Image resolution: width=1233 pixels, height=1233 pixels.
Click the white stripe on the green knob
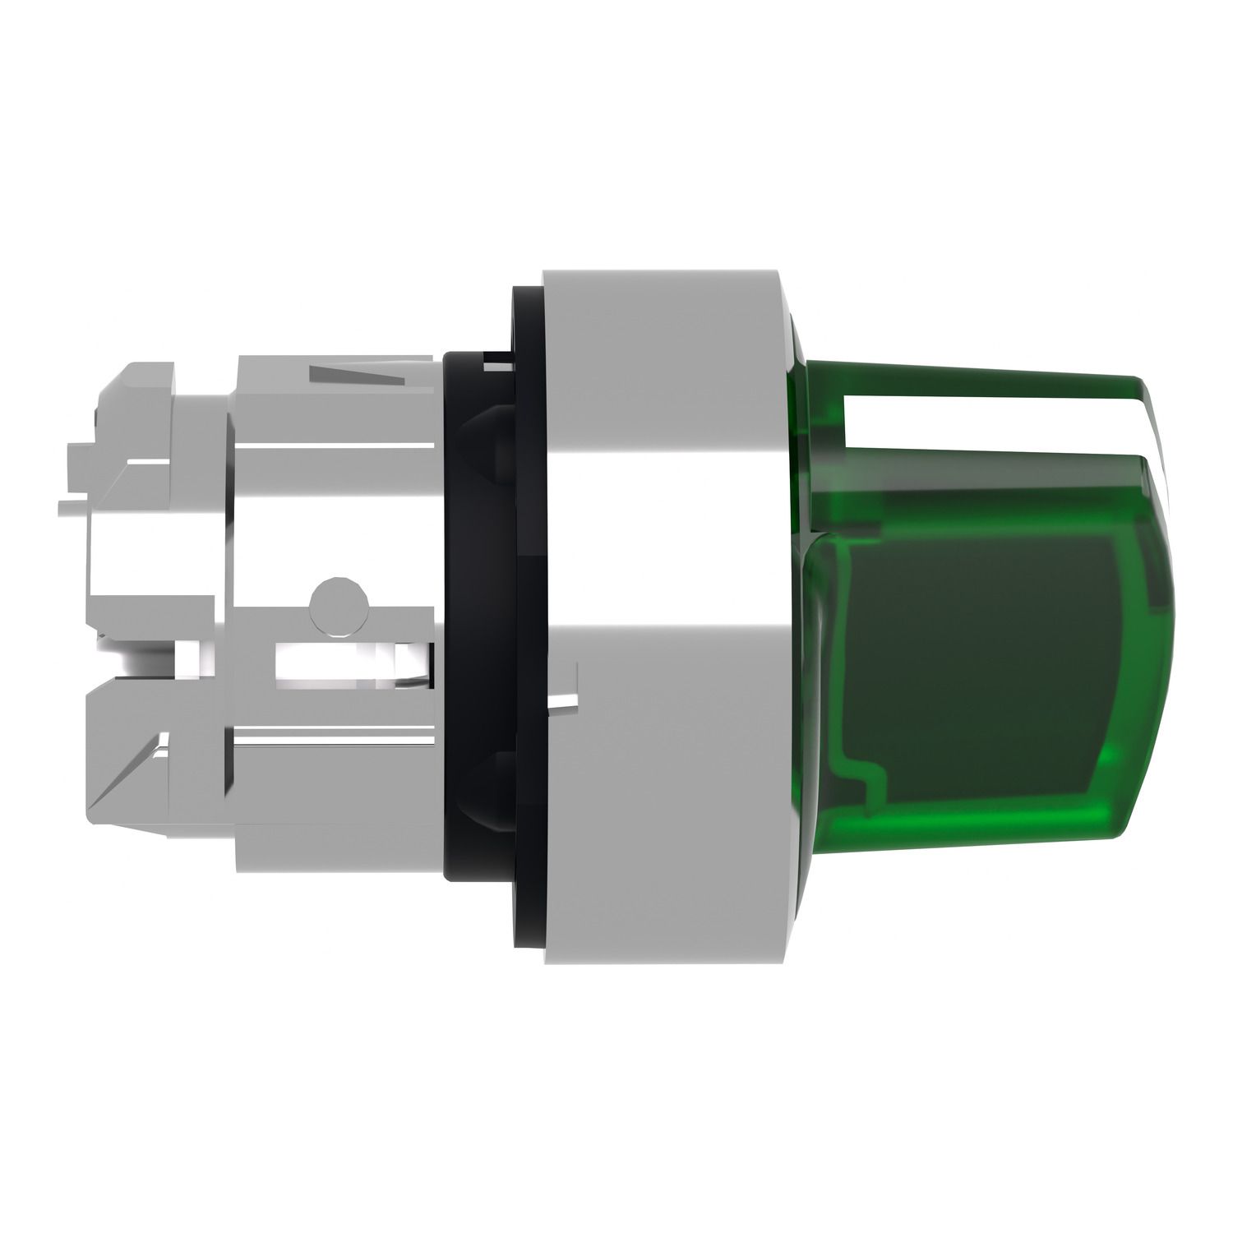point(986,426)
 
